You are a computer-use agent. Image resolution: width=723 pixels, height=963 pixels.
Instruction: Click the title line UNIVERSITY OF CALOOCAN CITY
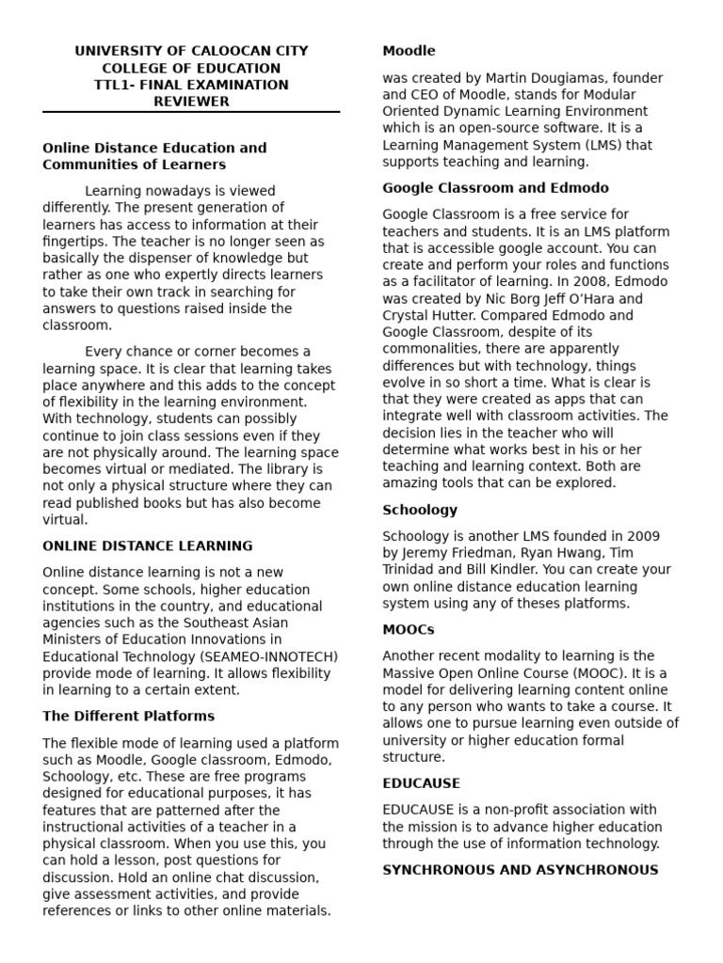(x=191, y=51)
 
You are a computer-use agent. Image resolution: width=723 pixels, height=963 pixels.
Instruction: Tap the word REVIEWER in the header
(x=191, y=102)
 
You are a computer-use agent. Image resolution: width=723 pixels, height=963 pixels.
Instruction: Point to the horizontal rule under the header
(x=191, y=113)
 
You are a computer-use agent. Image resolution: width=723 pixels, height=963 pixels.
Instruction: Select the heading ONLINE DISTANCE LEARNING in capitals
(x=148, y=545)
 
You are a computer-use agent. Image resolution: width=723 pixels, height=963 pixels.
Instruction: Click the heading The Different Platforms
(x=116, y=716)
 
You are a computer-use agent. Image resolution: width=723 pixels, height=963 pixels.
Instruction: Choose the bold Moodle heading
(x=409, y=51)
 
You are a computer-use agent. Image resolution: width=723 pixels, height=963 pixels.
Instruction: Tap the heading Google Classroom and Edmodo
(x=495, y=188)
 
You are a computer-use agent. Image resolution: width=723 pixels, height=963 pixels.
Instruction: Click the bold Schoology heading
(x=420, y=510)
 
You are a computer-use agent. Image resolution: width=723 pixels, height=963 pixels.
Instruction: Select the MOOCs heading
(x=409, y=629)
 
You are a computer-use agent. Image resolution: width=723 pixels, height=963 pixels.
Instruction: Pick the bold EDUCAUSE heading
(x=421, y=783)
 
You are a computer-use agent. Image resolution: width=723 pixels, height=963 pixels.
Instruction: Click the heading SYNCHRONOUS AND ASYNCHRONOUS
(x=520, y=870)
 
